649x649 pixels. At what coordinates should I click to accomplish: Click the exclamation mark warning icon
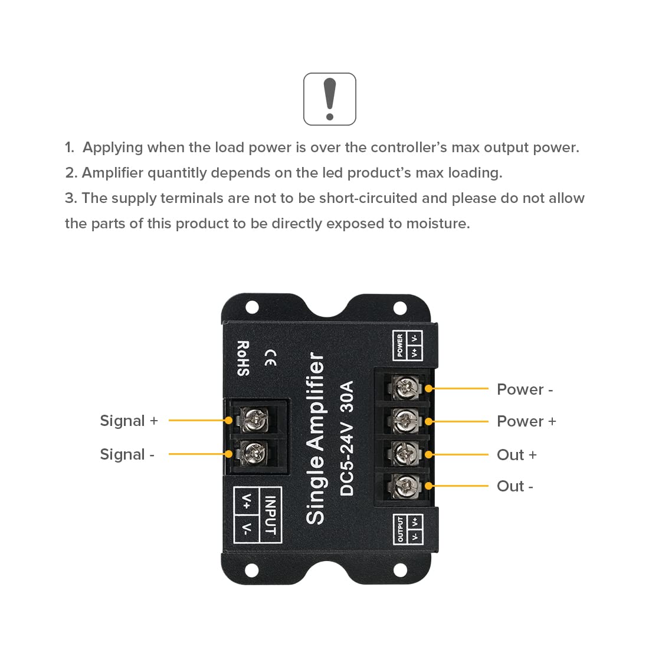coord(330,99)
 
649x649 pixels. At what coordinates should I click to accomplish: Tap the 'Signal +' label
coord(129,421)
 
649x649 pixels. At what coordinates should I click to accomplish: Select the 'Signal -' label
coord(127,454)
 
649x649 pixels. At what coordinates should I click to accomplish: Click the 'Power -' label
coord(525,389)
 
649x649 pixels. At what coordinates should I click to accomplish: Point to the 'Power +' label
coord(526,421)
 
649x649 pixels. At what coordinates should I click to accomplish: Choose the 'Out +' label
coord(516,455)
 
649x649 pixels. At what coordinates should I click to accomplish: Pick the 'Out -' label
coord(514,486)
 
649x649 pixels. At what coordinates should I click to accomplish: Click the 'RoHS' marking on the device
coord(243,358)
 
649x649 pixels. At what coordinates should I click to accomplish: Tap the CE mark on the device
coord(270,358)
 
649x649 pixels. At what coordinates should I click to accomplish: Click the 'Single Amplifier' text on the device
coord(316,438)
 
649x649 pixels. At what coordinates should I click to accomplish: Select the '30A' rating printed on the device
coord(347,397)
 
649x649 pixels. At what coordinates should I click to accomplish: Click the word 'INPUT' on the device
coord(270,515)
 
